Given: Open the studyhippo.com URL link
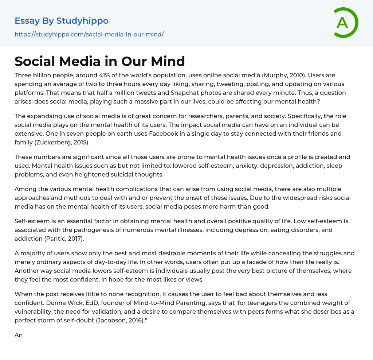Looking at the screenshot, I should tap(89, 35).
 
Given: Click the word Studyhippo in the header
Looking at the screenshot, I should tap(82, 21).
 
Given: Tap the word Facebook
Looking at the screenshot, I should tap(164, 133).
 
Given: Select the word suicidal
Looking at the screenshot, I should tap(119, 174).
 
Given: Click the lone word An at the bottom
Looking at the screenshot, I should tap(19, 335).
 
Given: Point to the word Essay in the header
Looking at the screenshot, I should tap(27, 21).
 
